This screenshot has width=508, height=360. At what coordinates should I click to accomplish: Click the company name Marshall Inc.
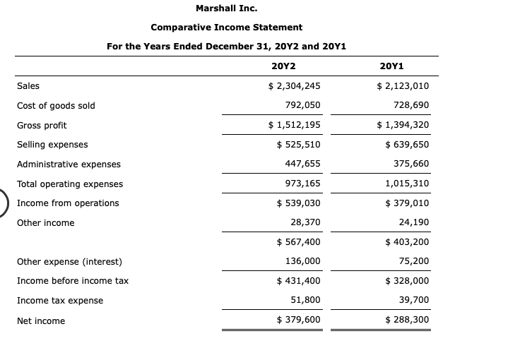[x=226, y=8]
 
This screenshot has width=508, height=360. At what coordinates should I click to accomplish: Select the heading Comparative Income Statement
[x=226, y=28]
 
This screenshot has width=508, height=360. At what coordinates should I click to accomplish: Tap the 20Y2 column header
[x=283, y=66]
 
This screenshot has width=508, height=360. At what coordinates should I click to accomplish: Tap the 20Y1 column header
[x=391, y=66]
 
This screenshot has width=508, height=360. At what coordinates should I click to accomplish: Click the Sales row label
[x=28, y=86]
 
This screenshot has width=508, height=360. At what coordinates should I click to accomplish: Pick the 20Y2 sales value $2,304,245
[x=294, y=86]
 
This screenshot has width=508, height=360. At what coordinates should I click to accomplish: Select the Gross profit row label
[x=42, y=125]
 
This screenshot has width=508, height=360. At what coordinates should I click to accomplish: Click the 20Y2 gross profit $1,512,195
[x=294, y=125]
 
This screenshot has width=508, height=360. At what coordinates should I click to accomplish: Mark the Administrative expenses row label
[x=69, y=164]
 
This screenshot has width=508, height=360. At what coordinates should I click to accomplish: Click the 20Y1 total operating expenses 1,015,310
[x=407, y=184]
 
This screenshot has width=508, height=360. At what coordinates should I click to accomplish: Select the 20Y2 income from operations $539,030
[x=298, y=203]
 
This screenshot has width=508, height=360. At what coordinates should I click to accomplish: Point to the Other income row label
[x=45, y=223]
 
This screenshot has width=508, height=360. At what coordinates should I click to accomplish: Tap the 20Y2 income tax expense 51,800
[x=305, y=301]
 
